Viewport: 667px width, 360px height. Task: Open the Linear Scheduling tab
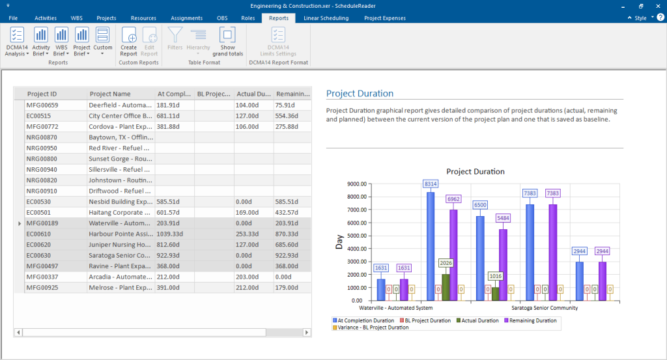point(326,18)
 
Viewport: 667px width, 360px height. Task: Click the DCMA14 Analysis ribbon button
point(17,41)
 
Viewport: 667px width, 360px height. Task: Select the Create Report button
point(129,41)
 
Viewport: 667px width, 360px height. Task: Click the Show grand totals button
point(227,41)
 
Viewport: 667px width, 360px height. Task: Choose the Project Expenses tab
point(384,18)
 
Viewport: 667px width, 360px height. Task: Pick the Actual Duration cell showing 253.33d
point(253,234)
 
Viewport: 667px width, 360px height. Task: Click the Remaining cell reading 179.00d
point(292,287)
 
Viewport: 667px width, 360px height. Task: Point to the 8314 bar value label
point(431,184)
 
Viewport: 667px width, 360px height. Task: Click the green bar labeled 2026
point(446,287)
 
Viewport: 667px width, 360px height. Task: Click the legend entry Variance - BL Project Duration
point(370,327)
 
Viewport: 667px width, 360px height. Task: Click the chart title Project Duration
point(475,171)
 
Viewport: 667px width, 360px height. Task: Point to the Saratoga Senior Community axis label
point(544,308)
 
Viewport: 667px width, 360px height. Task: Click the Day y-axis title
point(339,242)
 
